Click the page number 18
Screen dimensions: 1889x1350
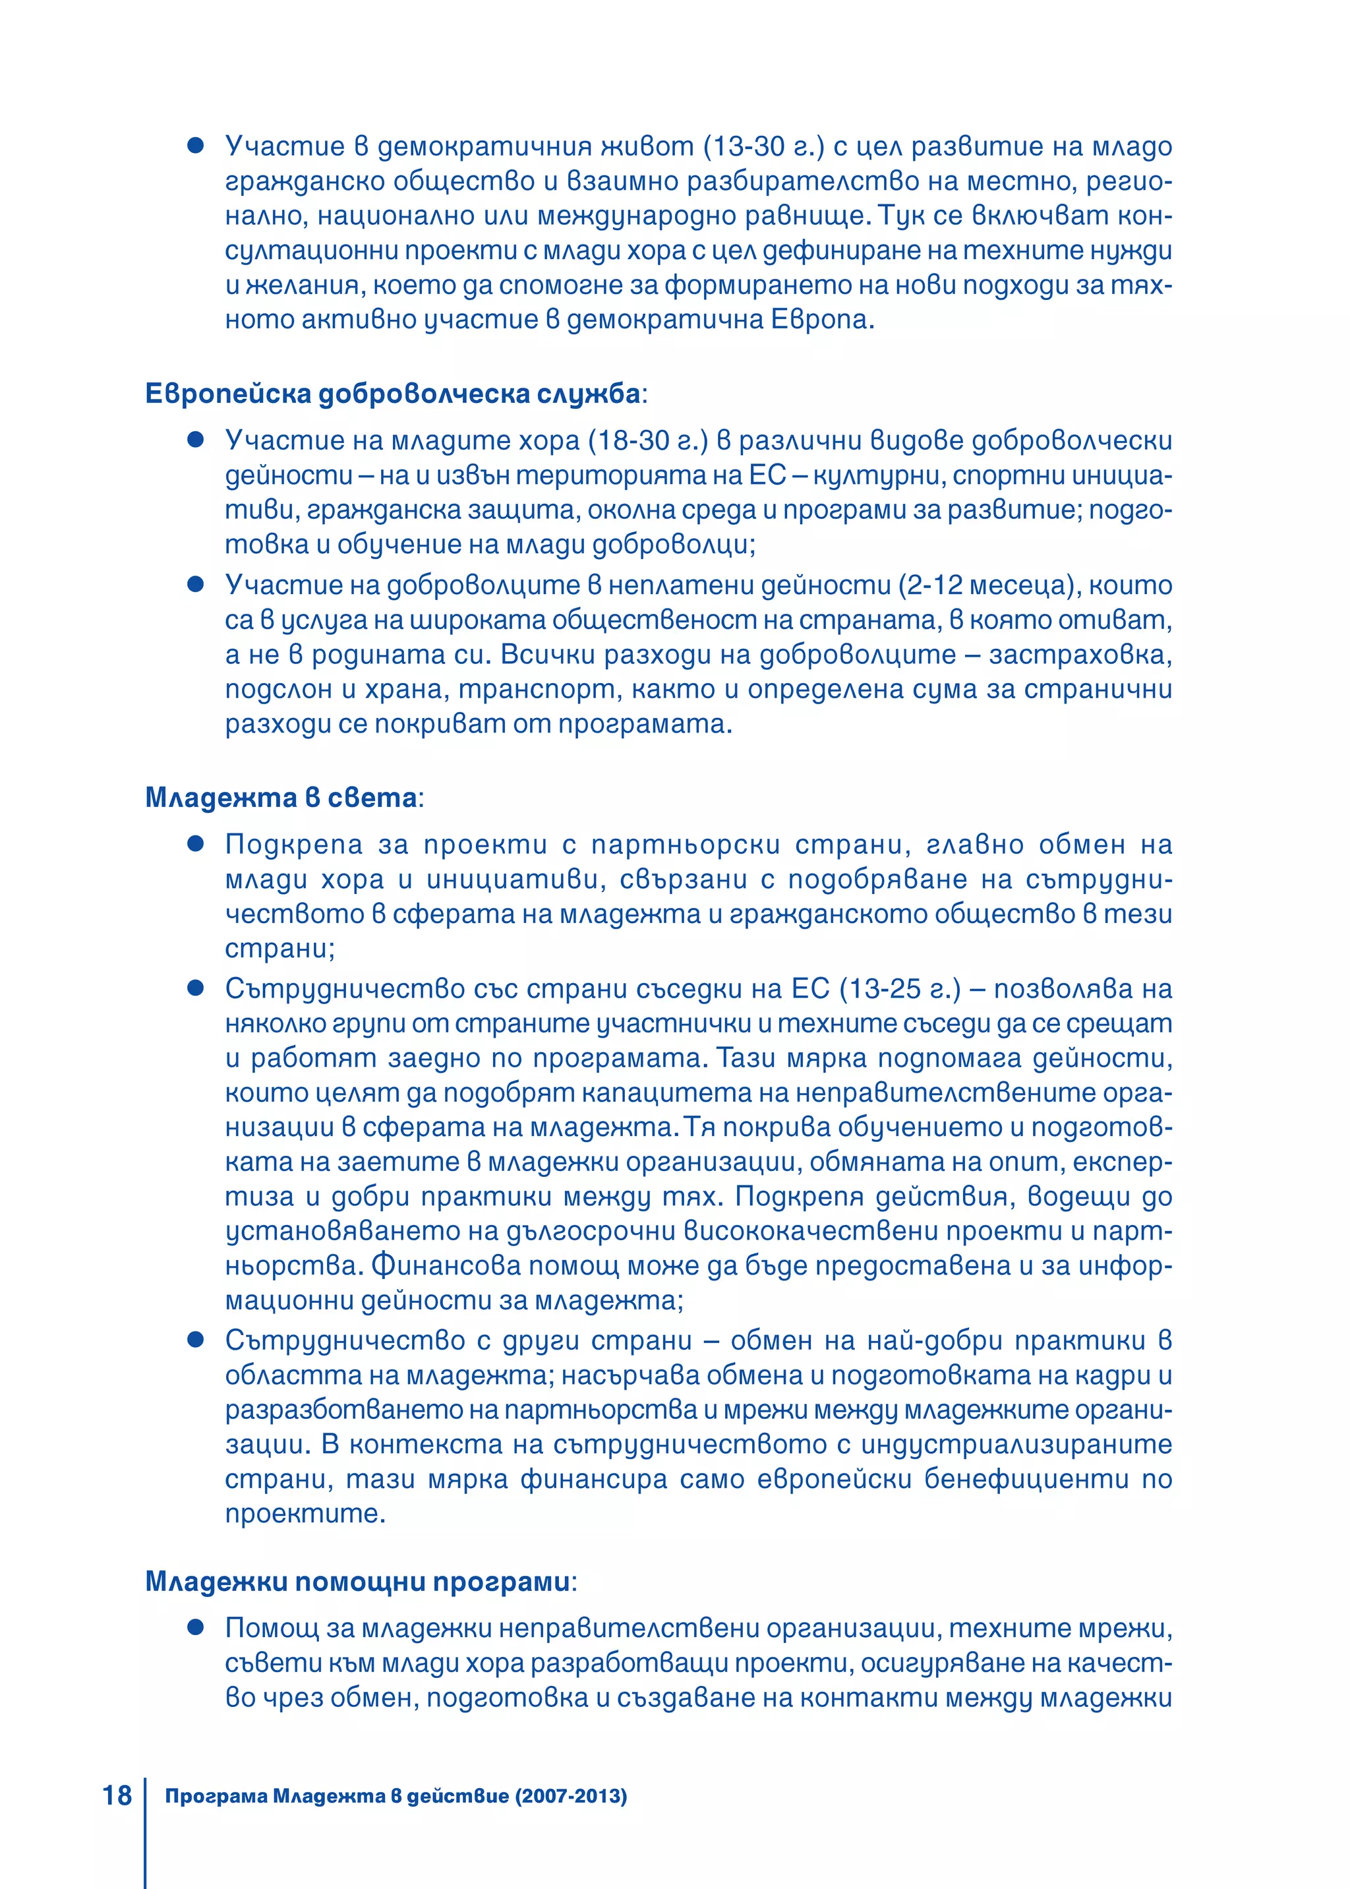(117, 1795)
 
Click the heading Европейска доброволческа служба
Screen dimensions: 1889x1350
(393, 393)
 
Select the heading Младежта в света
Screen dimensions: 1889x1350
(281, 797)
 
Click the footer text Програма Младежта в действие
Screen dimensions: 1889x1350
(337, 1796)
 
